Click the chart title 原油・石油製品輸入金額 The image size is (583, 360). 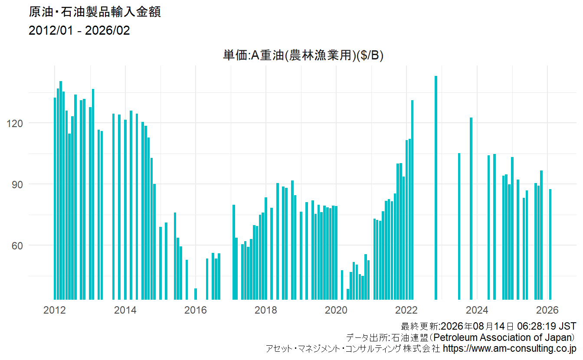tap(95, 12)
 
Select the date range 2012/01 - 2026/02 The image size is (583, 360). tap(79, 30)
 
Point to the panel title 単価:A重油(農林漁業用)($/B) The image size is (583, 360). tap(303, 55)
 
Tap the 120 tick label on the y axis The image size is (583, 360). tap(15, 123)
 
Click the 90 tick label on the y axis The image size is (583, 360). tap(17, 185)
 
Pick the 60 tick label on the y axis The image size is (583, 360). tap(17, 246)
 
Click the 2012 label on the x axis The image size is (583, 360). tap(54, 310)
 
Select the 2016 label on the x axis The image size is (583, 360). tap(196, 310)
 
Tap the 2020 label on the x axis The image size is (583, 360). tap(336, 310)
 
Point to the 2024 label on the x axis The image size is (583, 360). tap(477, 310)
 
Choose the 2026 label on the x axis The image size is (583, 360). tap(547, 310)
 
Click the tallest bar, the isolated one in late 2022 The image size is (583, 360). tap(436, 188)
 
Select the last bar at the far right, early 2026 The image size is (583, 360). tap(550, 245)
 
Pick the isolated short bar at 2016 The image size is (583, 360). tap(196, 294)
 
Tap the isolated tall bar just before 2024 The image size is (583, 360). tap(471, 209)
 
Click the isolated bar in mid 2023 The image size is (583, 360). tap(459, 226)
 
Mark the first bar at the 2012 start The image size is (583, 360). tap(55, 199)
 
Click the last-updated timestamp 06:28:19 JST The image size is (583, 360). tap(547, 326)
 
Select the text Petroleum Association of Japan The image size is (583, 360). tap(504, 337)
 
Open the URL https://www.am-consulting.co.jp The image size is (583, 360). tap(510, 349)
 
